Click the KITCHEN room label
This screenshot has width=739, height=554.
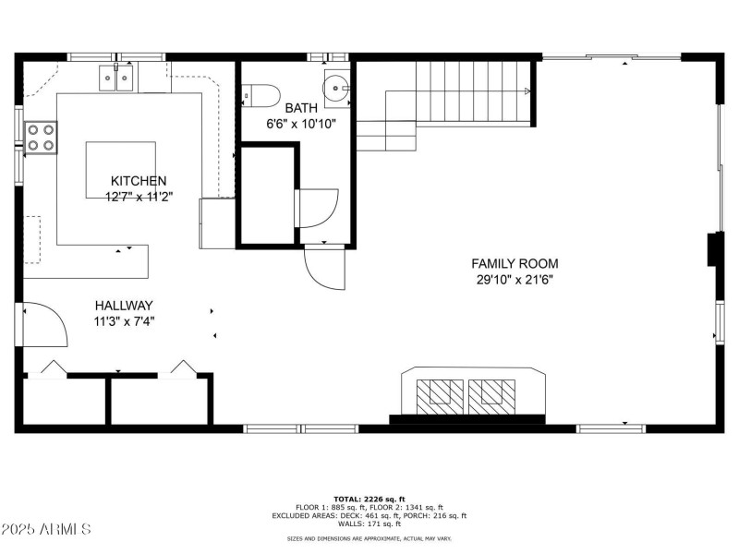click(x=139, y=181)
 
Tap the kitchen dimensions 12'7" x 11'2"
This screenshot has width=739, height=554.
click(x=139, y=196)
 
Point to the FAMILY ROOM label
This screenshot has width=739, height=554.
click(x=515, y=264)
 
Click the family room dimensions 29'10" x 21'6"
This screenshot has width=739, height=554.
click(x=515, y=279)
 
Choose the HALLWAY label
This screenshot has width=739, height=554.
click(x=124, y=306)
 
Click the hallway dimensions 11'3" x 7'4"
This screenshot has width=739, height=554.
click(x=124, y=321)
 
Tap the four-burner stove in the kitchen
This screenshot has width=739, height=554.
click(x=41, y=137)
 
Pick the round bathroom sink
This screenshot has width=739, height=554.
click(x=335, y=89)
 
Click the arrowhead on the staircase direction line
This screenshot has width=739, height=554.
click(x=527, y=91)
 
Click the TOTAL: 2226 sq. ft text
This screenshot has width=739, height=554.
click(x=369, y=499)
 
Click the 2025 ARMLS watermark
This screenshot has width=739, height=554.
click(x=46, y=529)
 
